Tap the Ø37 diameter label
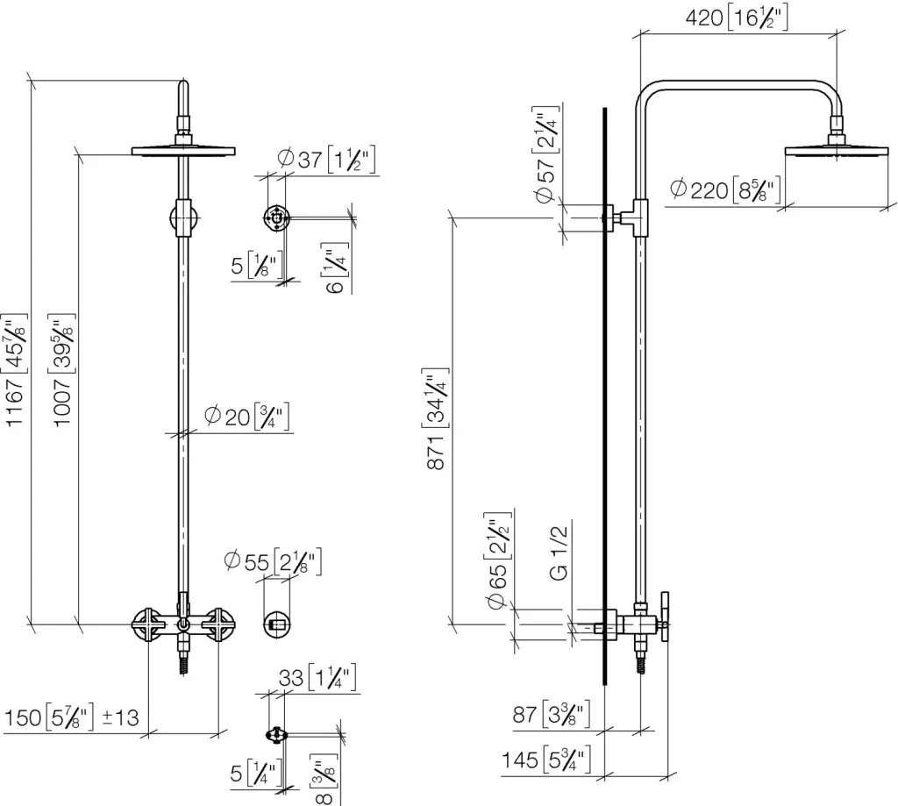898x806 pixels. coord(326,160)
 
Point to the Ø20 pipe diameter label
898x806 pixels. coord(246,416)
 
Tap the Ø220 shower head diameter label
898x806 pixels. coord(724,189)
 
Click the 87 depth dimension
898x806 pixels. coord(552,715)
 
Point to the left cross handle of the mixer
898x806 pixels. coord(146,624)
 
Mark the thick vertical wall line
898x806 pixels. coord(604,395)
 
